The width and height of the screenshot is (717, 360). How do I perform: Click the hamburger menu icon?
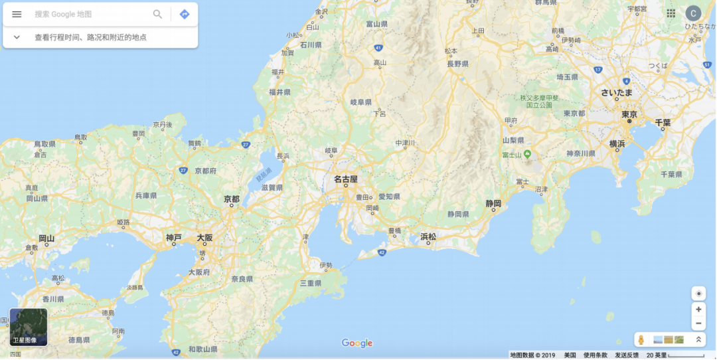click(x=17, y=14)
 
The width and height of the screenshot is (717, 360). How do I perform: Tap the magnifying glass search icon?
click(x=157, y=14)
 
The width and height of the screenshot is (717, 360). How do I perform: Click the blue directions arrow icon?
click(x=185, y=14)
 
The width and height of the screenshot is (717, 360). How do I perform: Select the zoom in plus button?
click(x=698, y=309)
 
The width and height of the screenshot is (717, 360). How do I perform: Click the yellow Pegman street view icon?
click(x=641, y=340)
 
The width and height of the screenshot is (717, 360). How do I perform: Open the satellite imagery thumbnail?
click(x=29, y=327)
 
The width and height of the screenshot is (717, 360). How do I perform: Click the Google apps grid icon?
click(x=671, y=13)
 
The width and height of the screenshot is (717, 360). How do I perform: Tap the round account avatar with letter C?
click(x=693, y=13)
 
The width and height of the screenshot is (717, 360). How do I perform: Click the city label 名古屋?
click(x=345, y=179)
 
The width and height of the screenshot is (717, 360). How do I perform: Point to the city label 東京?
click(x=629, y=115)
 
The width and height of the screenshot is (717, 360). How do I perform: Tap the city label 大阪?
click(x=204, y=237)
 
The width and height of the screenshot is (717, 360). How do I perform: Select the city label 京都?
click(x=232, y=199)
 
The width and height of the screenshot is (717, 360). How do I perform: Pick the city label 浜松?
click(x=428, y=236)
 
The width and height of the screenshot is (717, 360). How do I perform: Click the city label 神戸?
click(x=173, y=237)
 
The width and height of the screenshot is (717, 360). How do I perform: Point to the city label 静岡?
click(x=493, y=203)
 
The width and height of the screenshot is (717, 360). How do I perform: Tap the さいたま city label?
click(x=617, y=92)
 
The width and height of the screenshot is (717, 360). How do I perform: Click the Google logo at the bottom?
click(x=357, y=343)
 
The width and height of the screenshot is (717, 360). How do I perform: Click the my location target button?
click(x=698, y=294)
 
